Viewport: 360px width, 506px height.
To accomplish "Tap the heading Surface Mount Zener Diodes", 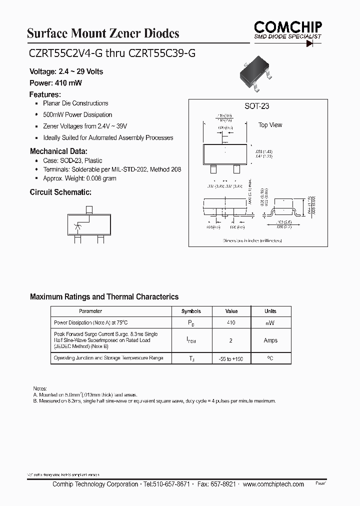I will [102, 33].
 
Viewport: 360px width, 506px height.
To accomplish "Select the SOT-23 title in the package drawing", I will [256, 106].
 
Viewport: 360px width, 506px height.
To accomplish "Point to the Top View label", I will [270, 125].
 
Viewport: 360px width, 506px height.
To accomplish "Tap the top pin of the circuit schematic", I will [89, 210].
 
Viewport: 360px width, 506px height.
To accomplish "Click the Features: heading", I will [45, 94].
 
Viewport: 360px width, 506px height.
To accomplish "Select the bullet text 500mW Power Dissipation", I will [77, 114].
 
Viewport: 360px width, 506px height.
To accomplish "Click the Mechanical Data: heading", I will [58, 151].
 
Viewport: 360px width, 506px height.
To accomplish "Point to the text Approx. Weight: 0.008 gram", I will [79, 178].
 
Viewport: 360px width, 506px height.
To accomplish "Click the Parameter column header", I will [90, 311].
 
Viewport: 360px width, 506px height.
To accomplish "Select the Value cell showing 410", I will [231, 323].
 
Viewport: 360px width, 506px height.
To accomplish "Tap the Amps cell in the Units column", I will [270, 340].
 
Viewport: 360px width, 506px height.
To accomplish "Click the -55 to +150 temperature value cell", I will [231, 359].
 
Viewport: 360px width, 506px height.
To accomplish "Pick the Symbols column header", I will [191, 311].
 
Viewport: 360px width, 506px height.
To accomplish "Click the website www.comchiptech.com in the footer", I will [273, 484].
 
